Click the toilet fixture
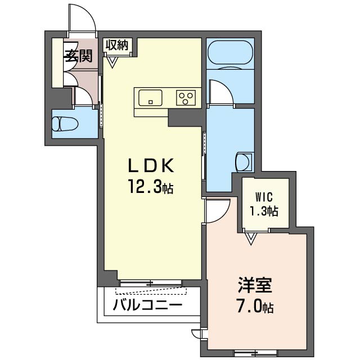click(65, 124)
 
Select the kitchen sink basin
click(150, 98)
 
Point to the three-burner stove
click(186, 98)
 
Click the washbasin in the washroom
click(244, 162)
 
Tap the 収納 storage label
click(116, 45)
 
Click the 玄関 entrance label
click(78, 56)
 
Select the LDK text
click(151, 165)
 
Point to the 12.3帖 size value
click(151, 187)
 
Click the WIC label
click(264, 197)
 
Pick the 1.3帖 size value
click(264, 211)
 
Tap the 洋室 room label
click(255, 285)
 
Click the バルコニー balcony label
click(147, 305)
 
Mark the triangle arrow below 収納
click(112, 62)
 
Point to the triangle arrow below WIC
click(251, 238)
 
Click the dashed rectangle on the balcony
click(151, 291)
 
